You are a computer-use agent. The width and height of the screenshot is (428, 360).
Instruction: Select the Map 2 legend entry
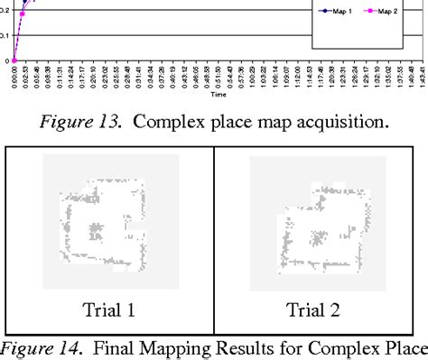380,12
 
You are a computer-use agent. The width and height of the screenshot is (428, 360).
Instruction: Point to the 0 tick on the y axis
6,60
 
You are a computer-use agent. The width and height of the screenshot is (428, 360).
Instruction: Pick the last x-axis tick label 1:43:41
421,75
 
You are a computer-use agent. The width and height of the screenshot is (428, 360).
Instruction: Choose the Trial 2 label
313,310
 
